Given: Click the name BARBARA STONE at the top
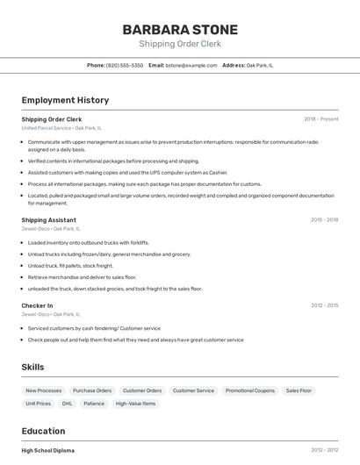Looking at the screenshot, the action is (180, 30).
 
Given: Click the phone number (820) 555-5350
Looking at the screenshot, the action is (125, 65).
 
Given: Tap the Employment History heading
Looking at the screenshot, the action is (65, 100).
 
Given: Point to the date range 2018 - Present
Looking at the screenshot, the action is (320, 118).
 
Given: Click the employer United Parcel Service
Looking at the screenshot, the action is (47, 128).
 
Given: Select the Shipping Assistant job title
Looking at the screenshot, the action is (48, 219).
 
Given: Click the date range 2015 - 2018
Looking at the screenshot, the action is (324, 219).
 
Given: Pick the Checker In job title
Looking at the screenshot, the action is (37, 305).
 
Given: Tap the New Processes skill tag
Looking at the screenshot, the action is (44, 390).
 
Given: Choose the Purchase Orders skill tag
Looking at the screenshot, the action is (92, 390).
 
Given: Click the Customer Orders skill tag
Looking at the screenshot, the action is (142, 390).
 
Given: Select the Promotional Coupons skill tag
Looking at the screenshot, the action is (250, 390).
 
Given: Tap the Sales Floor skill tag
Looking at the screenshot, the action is (299, 390).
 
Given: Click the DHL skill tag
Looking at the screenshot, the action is (67, 404).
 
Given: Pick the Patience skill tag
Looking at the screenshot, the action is (94, 404).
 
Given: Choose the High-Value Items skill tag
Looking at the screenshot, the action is (136, 404).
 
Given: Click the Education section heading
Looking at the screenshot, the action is (43, 431).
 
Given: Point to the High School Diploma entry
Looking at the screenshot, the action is (48, 450).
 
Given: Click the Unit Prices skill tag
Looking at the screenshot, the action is (38, 404).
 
